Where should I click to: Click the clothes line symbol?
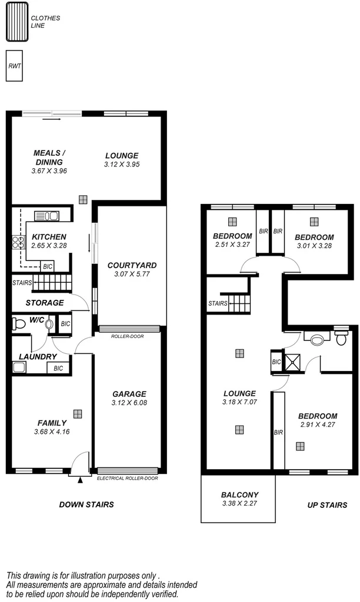[x=17, y=22]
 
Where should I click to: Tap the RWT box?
[x=15, y=66]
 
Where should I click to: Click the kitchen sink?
[x=47, y=215]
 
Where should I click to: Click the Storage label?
[x=45, y=303]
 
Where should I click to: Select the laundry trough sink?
[x=19, y=368]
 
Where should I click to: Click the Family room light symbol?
[x=78, y=413]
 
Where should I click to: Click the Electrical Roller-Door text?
[x=128, y=478]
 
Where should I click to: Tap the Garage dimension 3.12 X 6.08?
[x=130, y=403]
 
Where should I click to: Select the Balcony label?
[x=239, y=495]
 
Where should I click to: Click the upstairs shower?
[x=292, y=362]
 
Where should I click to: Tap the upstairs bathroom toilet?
[x=341, y=338]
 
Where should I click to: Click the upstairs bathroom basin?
[x=318, y=339]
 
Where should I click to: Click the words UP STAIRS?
[x=327, y=505]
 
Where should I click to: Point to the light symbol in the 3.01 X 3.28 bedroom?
[x=314, y=222]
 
